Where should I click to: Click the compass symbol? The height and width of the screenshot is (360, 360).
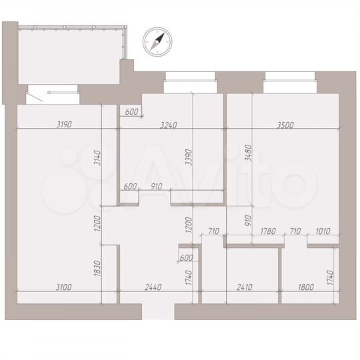[157, 42]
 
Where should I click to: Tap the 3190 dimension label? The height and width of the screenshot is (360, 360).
[63, 124]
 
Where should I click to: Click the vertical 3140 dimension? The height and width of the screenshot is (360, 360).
[97, 158]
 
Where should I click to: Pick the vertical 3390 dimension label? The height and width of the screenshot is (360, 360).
[189, 157]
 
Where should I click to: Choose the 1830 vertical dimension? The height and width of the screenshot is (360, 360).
[97, 269]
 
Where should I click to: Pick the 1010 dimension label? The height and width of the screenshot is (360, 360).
[323, 231]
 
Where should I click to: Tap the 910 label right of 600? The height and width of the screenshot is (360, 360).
[157, 186]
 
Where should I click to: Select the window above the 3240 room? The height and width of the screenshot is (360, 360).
[191, 83]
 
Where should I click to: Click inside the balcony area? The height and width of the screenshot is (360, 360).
[67, 57]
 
